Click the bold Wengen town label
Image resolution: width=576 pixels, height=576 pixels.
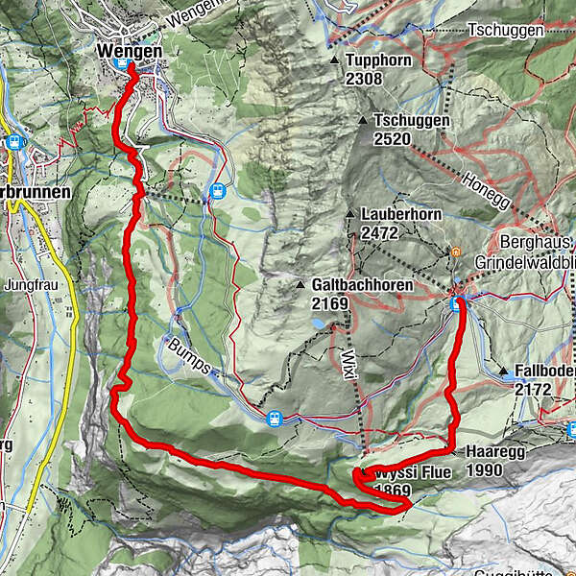coord(130,49)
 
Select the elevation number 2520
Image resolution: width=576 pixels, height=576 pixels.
coord(392,138)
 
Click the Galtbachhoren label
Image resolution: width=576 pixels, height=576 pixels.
coord(362,285)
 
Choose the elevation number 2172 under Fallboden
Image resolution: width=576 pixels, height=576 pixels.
coord(533,390)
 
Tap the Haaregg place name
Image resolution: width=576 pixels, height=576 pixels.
coord(491,449)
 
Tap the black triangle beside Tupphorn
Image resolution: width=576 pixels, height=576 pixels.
coord(334,60)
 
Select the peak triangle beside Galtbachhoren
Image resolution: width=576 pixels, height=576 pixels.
coord(300,285)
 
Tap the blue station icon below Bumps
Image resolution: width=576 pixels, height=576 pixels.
coord(275,418)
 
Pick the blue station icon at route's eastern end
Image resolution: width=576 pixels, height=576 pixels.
coord(456,303)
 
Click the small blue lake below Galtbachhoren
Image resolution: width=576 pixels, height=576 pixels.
coord(316,324)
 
